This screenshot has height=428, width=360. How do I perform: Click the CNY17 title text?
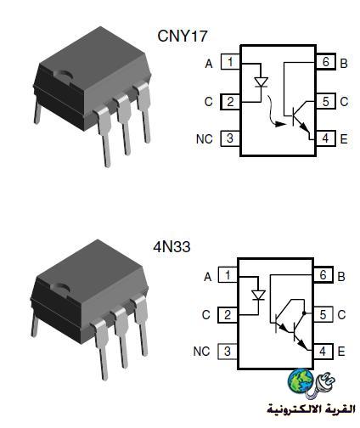coord(183,36)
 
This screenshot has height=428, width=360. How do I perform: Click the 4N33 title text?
coord(172,247)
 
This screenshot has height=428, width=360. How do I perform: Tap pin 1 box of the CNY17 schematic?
coord(230,62)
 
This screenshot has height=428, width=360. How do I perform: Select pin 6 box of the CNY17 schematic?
coord(326,61)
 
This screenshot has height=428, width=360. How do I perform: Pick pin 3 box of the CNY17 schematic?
coord(230,138)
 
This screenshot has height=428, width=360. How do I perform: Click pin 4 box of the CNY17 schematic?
coord(325,138)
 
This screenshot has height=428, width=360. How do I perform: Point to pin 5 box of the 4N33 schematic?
coord(323,314)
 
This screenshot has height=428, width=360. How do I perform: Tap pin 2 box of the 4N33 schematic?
coord(228,315)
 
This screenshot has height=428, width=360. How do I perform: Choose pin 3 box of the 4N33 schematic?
coord(228,352)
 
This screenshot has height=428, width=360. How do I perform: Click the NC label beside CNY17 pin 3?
coord(205,139)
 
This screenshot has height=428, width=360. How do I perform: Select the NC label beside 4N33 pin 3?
coord(201,352)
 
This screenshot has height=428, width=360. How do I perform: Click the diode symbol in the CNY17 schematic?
coord(262,82)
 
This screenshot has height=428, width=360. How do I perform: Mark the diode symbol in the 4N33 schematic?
coord(258,296)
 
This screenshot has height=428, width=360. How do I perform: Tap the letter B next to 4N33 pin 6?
coord(341,277)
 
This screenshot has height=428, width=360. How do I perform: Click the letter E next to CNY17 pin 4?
coord(344,139)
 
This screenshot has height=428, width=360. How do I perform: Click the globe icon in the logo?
coord(301,380)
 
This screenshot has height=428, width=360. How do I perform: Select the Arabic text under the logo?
coord(311,408)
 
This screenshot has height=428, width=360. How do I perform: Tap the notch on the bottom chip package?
coord(60,288)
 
